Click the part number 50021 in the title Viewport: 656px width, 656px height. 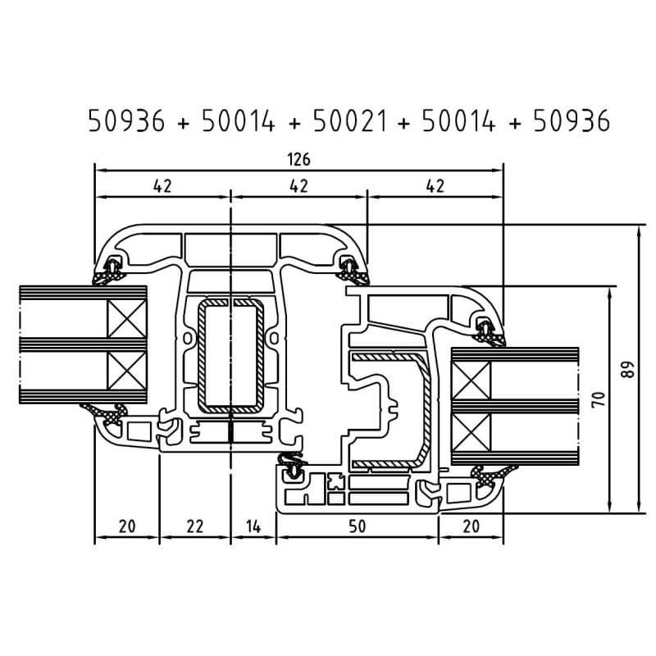point(350,121)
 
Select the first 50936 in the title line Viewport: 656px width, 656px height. point(126,121)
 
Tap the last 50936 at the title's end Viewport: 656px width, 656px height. point(572,121)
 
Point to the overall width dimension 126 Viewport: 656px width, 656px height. point(299,159)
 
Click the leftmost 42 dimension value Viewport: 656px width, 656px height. point(162,186)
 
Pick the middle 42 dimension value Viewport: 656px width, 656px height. point(298,186)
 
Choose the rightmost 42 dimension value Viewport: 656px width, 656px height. point(435,186)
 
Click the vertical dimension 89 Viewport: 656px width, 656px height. point(627,370)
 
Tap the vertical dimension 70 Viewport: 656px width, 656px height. point(599,399)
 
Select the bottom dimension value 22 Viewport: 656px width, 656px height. point(195,526)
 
